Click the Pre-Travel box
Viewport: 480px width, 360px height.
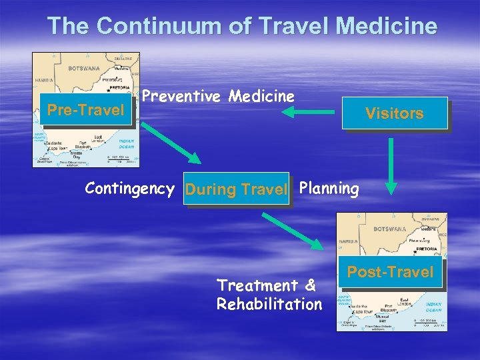(86, 109)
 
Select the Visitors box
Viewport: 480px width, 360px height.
(394, 113)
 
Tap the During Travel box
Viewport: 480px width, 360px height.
(237, 189)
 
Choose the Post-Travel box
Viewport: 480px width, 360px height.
(391, 272)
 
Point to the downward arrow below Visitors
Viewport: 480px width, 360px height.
(392, 176)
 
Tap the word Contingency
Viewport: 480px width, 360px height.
(129, 189)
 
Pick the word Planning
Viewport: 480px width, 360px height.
(329, 189)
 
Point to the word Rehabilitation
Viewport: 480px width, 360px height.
(269, 304)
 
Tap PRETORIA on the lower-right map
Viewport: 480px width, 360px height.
(427, 248)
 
